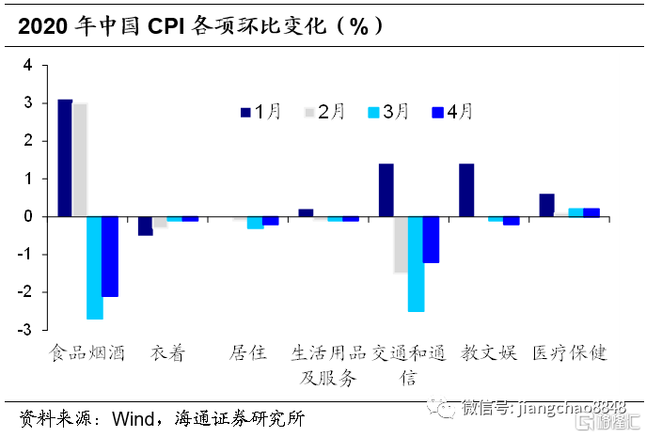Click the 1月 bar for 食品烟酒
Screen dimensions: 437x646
coord(65,157)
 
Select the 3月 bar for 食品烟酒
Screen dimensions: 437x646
coord(95,267)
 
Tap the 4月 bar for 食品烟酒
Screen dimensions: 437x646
coord(110,256)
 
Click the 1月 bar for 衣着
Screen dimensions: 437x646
coord(145,226)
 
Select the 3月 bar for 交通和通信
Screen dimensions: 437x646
coord(416,263)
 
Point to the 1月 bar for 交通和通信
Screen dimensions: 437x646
coord(386,190)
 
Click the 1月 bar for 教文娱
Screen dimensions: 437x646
coord(466,190)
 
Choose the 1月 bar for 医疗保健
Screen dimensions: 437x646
coord(546,205)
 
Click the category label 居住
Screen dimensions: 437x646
coord(248,353)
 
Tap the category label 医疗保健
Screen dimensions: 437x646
coord(570,353)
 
